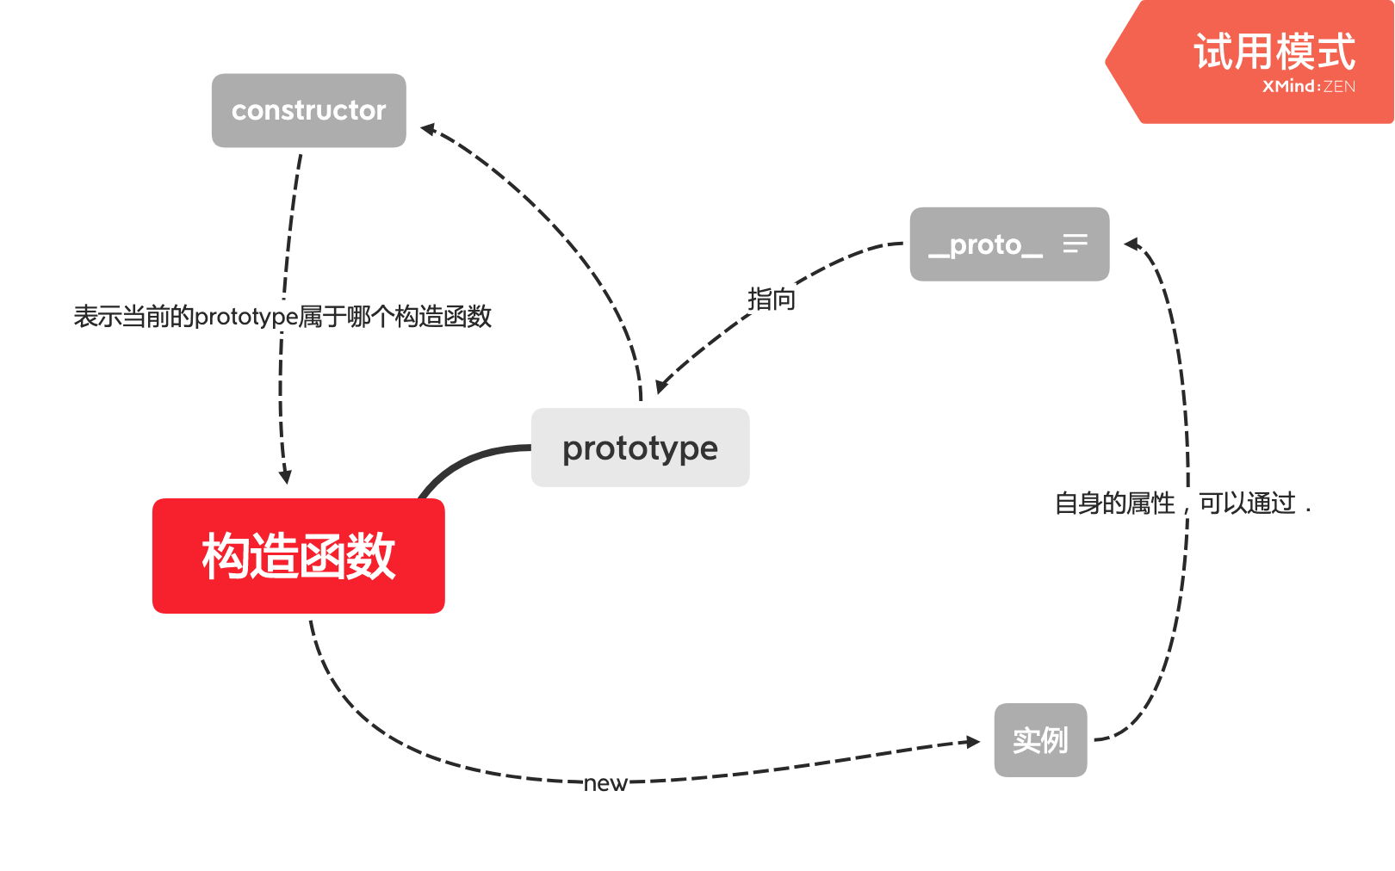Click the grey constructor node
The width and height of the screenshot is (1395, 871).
click(x=308, y=110)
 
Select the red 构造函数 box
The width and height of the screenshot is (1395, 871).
click(x=298, y=556)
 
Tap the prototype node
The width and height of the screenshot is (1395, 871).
click(x=640, y=448)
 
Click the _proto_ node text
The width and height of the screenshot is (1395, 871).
click(x=985, y=244)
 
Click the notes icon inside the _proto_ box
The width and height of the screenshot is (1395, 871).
click(x=1075, y=244)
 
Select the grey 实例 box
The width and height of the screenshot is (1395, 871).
click(x=1040, y=740)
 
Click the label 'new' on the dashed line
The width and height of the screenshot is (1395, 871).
click(x=605, y=783)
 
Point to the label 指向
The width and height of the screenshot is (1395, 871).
click(x=771, y=300)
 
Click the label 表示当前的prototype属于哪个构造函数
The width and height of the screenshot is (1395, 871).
click(x=282, y=317)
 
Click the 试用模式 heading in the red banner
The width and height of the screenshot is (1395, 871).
click(x=1274, y=52)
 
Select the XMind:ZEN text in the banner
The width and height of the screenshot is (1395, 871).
click(x=1308, y=86)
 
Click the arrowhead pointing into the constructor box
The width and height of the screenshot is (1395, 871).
click(x=427, y=129)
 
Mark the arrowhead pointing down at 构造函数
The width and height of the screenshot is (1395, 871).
click(x=286, y=477)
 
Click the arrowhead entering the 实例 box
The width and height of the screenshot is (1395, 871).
click(x=973, y=742)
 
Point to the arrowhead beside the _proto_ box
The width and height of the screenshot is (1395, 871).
click(x=1131, y=244)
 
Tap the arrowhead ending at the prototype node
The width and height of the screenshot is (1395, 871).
click(x=660, y=386)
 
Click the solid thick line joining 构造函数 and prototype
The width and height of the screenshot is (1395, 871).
click(x=465, y=460)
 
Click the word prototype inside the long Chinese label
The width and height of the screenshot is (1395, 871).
click(x=246, y=317)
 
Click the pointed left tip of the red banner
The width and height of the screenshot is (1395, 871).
click(x=1108, y=62)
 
